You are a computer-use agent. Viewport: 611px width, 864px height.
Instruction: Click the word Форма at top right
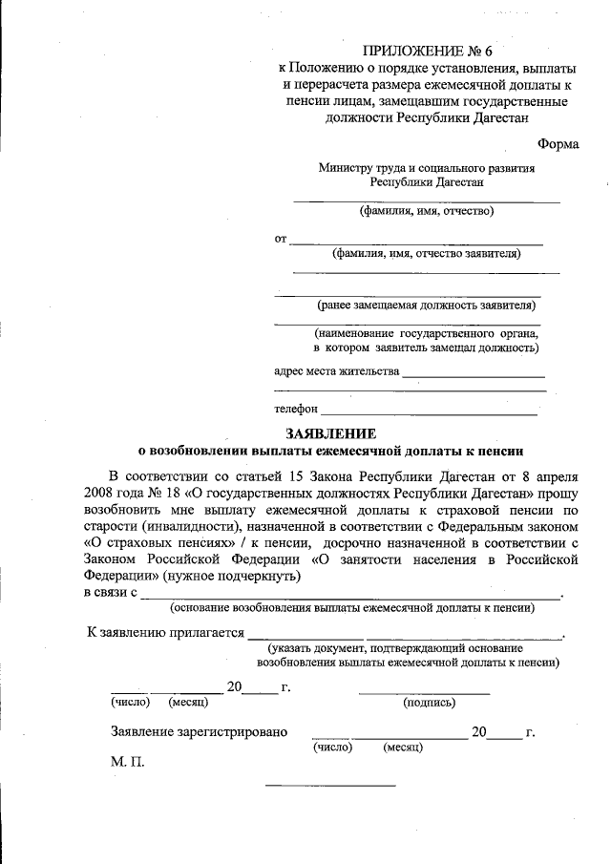tap(558, 144)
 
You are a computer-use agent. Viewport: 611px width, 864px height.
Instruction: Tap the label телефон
tap(295, 409)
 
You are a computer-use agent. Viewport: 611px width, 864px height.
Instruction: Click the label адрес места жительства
tap(336, 370)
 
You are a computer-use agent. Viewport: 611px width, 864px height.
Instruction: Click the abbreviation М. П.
tap(128, 765)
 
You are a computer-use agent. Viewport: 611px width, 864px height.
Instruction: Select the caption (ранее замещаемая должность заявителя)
tap(427, 306)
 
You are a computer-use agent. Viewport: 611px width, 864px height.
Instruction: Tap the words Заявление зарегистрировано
tap(199, 732)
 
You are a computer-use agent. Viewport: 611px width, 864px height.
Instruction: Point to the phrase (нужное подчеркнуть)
tap(233, 577)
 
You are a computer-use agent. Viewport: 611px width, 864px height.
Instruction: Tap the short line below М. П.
tap(330, 785)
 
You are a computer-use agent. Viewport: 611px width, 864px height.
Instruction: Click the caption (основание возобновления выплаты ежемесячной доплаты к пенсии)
tap(345, 607)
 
